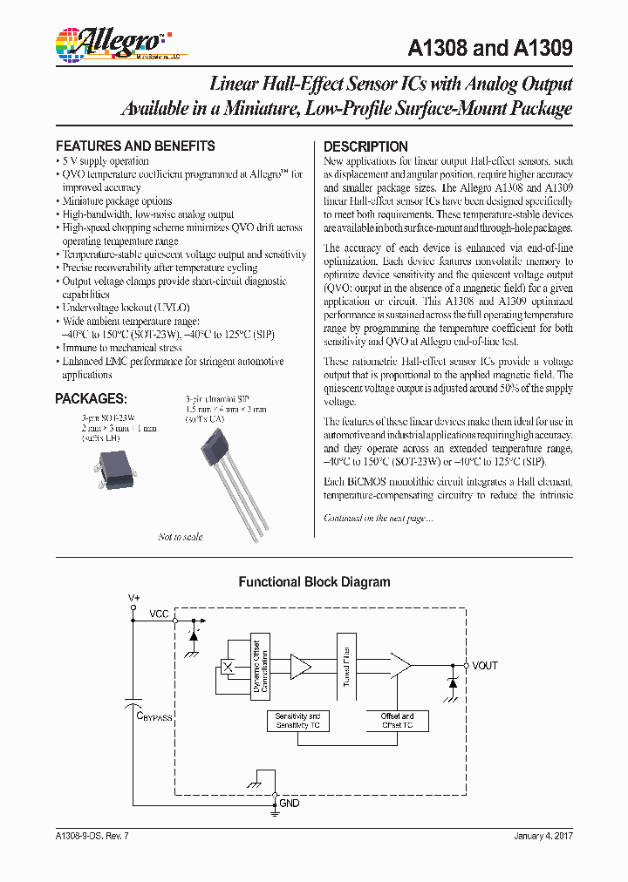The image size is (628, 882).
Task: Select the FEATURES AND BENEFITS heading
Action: pyautogui.click(x=135, y=146)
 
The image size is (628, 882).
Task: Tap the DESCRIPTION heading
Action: pyautogui.click(x=365, y=146)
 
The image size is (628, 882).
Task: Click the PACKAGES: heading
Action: pyautogui.click(x=91, y=398)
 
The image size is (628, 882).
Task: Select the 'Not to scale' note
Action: pyautogui.click(x=181, y=537)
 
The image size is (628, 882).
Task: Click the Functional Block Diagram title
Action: pyautogui.click(x=314, y=582)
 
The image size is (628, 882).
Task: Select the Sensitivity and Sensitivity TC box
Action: pyautogui.click(x=298, y=720)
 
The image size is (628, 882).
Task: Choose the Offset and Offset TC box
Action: pyautogui.click(x=398, y=720)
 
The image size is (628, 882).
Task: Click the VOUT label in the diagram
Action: pyautogui.click(x=485, y=665)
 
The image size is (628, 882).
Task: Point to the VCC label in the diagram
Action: pyautogui.click(x=159, y=614)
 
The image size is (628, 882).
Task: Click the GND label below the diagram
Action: pyautogui.click(x=289, y=804)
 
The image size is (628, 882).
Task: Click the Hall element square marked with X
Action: pyautogui.click(x=228, y=667)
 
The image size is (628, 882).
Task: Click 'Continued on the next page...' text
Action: pyautogui.click(x=378, y=518)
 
